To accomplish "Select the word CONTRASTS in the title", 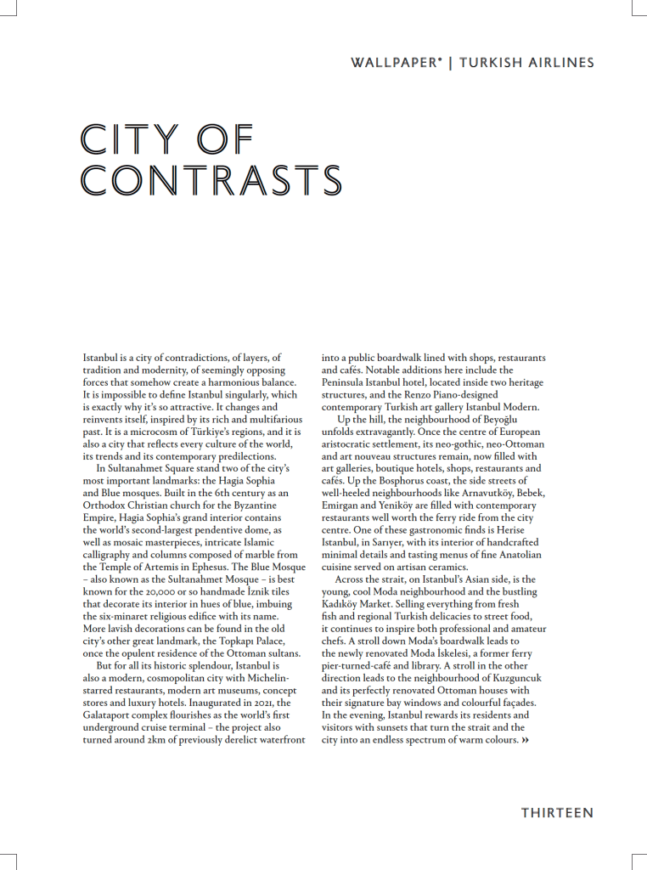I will tap(211, 180).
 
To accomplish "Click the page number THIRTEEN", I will tap(557, 813).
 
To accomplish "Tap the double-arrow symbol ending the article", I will tap(526, 740).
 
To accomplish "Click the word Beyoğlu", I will tap(518, 420).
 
